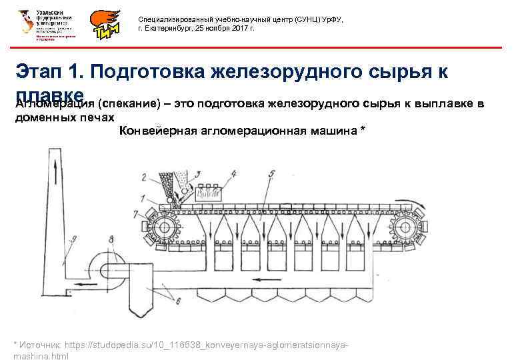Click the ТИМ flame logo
click(107, 25)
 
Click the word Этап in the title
click(41, 73)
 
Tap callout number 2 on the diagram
click(144, 177)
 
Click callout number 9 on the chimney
click(74, 238)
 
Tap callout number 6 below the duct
click(180, 302)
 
